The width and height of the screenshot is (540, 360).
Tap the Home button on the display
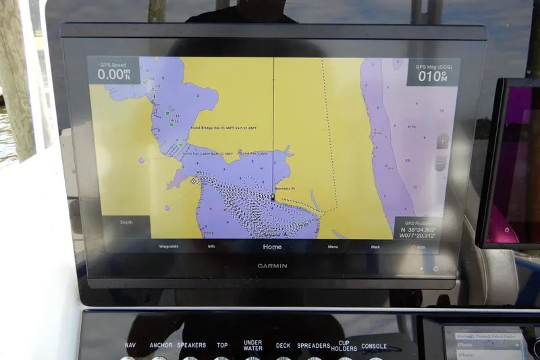tap(272, 247)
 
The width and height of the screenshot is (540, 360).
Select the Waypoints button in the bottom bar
tap(169, 247)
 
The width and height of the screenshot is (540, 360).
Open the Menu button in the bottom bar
tap(333, 247)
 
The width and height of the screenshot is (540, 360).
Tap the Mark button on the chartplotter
tap(375, 247)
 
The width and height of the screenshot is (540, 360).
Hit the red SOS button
tap(418, 247)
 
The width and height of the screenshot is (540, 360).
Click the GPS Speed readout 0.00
tap(113, 73)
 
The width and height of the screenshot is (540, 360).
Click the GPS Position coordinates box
tap(418, 229)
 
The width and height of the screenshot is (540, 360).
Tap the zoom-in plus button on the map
tap(441, 142)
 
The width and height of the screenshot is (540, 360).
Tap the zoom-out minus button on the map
tap(441, 163)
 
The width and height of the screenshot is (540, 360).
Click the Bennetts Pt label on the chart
tap(284, 189)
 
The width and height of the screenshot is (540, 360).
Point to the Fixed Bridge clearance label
tap(223, 127)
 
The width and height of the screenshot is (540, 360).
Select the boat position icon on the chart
tap(272, 198)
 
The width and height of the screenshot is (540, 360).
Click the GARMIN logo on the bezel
tap(272, 265)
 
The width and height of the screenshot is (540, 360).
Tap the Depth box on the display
tap(127, 222)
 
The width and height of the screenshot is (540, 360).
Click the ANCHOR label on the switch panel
tap(161, 346)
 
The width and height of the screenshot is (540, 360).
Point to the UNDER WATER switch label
tap(252, 345)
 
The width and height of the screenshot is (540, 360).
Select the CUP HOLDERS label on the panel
tap(344, 345)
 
